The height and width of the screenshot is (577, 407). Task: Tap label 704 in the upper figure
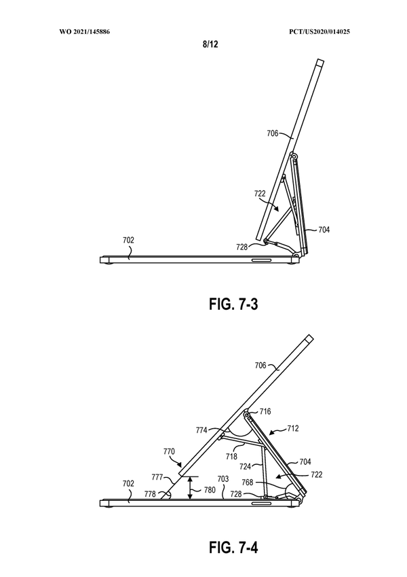323,230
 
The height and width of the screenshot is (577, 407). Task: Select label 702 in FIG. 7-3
128,240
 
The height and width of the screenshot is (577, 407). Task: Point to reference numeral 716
265,411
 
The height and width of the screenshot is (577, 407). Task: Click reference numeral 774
202,430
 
